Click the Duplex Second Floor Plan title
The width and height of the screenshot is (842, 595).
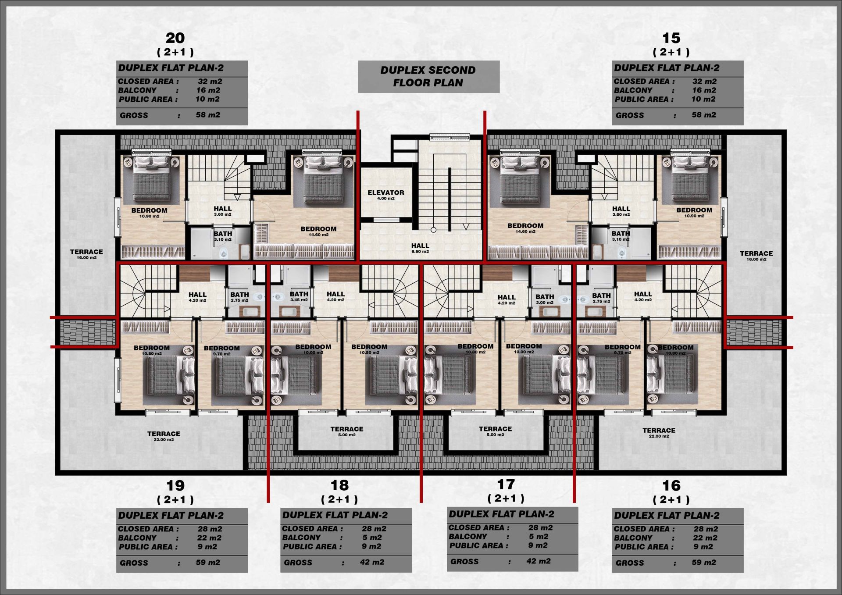[x=428, y=76]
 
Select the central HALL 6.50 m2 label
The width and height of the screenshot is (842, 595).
[x=420, y=248]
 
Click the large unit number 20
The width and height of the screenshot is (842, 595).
[x=175, y=38]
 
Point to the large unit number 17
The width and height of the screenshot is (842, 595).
[x=506, y=484]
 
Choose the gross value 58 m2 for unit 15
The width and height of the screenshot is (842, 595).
[x=704, y=115]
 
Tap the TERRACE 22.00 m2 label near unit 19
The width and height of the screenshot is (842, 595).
[x=164, y=436]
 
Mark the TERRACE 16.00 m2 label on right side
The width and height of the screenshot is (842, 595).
[x=756, y=256]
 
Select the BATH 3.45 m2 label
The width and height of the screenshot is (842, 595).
[x=299, y=296]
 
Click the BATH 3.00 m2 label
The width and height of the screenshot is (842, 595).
[x=545, y=299]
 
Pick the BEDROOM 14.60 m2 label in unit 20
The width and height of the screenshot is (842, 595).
[x=318, y=231]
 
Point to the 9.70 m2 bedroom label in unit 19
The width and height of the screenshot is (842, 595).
[x=221, y=351]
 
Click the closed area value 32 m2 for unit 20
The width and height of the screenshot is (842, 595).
[x=210, y=81]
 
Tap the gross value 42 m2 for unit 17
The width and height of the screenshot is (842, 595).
[x=538, y=561]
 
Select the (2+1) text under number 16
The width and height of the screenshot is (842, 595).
[x=671, y=499]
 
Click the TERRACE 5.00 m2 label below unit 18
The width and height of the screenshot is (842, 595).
[x=346, y=431]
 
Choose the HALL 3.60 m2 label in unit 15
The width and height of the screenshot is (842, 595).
[x=621, y=211]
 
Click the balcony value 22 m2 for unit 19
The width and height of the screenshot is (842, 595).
[x=209, y=538]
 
